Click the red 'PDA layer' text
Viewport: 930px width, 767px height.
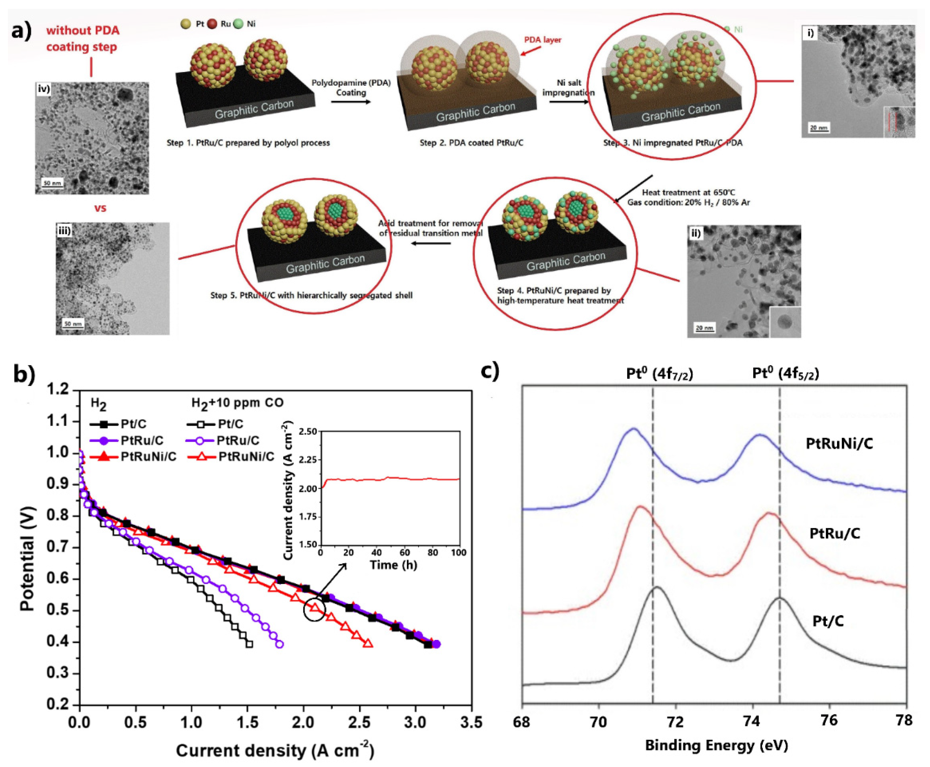click(x=542, y=40)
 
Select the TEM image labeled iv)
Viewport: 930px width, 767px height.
click(x=92, y=138)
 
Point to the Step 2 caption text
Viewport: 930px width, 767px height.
click(x=471, y=143)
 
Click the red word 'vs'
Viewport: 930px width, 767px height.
click(x=100, y=208)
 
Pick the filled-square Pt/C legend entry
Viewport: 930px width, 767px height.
click(x=118, y=424)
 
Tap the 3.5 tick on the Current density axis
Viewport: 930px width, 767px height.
click(x=471, y=723)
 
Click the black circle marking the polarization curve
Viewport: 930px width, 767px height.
click(x=314, y=610)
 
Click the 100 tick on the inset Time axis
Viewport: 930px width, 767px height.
click(x=459, y=553)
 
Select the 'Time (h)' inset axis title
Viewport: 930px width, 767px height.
click(x=393, y=565)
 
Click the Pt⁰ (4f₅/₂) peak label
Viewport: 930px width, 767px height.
click(x=785, y=374)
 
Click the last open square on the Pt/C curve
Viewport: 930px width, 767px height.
click(x=249, y=644)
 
